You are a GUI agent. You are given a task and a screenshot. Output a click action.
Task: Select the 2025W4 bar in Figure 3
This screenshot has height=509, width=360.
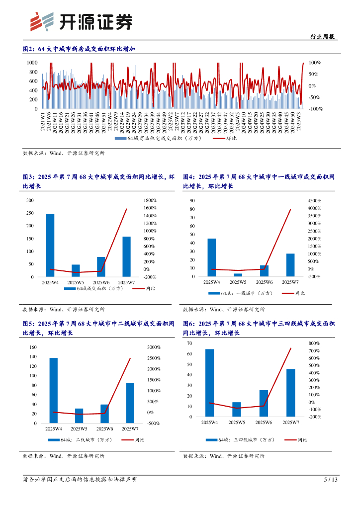pyautogui.click(x=50, y=245)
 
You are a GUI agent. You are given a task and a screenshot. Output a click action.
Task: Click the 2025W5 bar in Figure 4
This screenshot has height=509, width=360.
pyautogui.click(x=238, y=275)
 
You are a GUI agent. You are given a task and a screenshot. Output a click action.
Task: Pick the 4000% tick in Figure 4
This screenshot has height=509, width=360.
pyautogui.click(x=314, y=200)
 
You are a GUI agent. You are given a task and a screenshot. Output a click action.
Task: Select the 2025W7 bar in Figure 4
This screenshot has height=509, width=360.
pyautogui.click(x=290, y=265)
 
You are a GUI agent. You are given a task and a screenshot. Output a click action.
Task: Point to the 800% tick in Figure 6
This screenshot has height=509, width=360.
pyautogui.click(x=314, y=343)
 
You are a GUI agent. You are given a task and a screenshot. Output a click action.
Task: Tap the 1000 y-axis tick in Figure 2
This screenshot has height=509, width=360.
pyautogui.click(x=32, y=63)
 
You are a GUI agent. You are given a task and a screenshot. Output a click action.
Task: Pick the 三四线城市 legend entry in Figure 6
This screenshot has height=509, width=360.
pyautogui.click(x=254, y=439)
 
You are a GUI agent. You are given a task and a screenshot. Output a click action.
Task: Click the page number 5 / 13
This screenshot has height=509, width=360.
pyautogui.click(x=331, y=480)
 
